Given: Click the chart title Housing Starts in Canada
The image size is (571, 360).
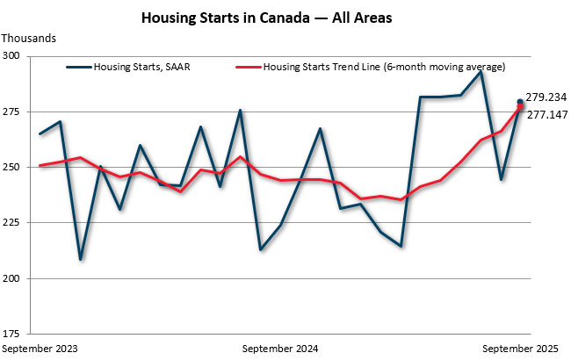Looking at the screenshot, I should pos(285,17).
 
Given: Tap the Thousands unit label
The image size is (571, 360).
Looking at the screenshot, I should pos(29,38).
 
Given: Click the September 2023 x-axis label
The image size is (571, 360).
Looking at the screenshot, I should pos(40,349).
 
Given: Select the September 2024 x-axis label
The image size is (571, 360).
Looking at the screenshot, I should pos(281,349).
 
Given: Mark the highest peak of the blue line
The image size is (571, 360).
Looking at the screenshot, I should pos(481,71).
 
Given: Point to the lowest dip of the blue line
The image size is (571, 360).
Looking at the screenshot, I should pos(81,259).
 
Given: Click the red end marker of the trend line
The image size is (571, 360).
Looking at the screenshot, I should pos(520,107).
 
